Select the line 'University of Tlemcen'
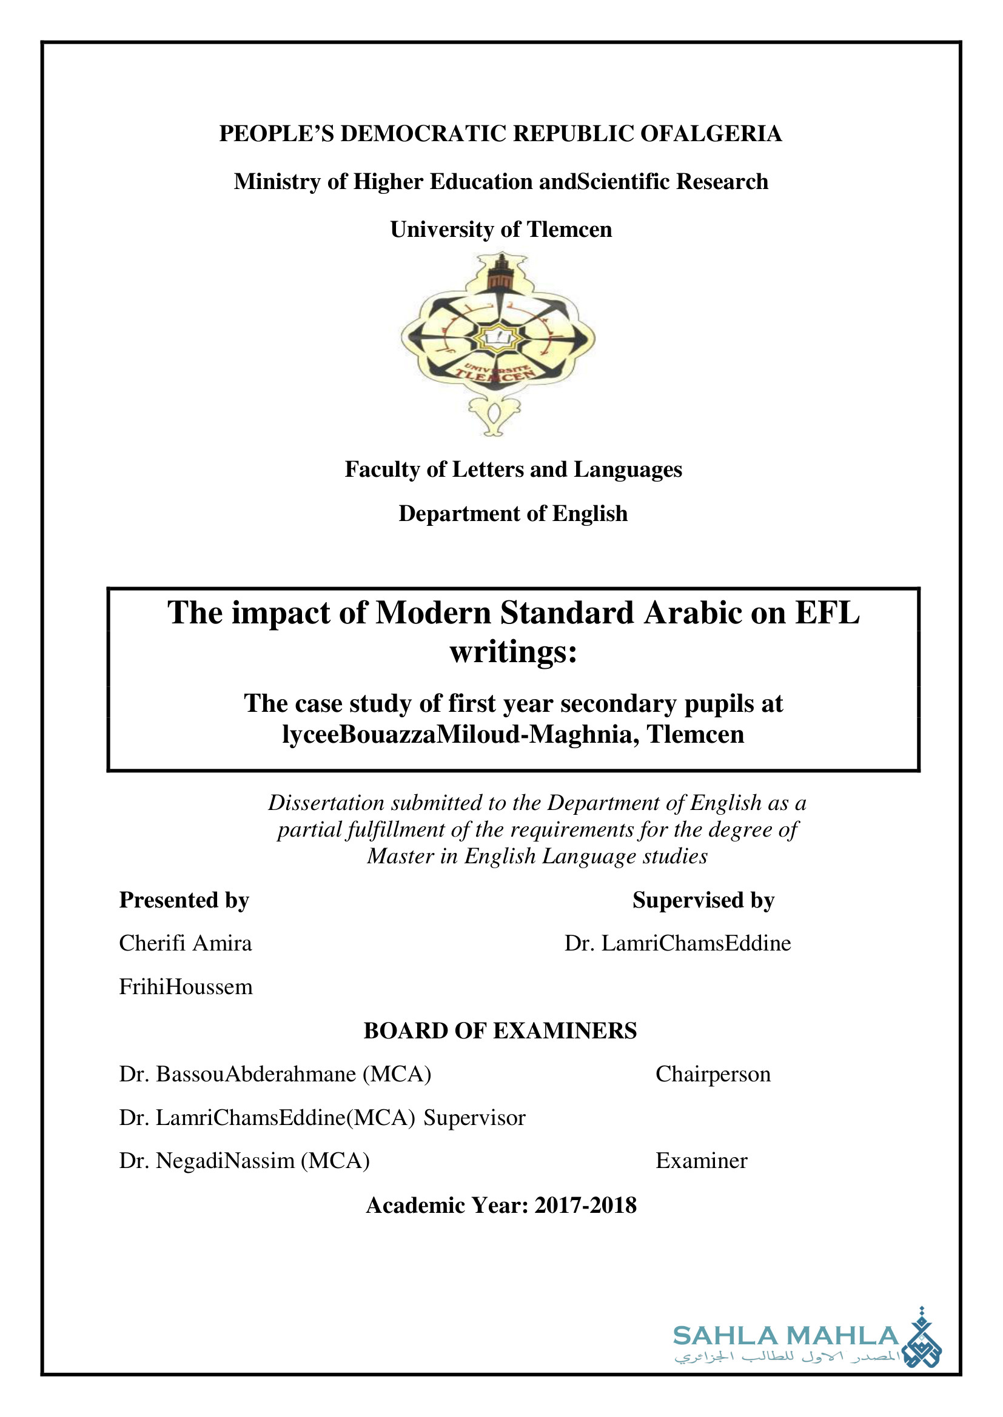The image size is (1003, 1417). tap(501, 230)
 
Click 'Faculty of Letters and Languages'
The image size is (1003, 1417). tap(513, 470)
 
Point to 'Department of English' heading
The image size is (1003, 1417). tap(512, 514)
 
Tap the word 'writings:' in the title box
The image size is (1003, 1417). tap(513, 652)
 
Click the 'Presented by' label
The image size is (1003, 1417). tap(184, 900)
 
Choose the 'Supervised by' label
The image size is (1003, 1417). tap(703, 900)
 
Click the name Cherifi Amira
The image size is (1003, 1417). tap(186, 944)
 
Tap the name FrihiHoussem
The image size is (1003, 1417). tap(186, 987)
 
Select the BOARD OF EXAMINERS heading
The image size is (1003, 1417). tap(500, 1031)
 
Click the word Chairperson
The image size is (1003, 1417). tap(713, 1075)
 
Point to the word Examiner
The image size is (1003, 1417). tap(701, 1161)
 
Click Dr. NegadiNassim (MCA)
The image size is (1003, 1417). tap(244, 1161)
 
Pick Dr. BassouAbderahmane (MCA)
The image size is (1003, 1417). tap(275, 1075)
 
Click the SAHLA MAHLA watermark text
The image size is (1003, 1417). tap(785, 1336)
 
